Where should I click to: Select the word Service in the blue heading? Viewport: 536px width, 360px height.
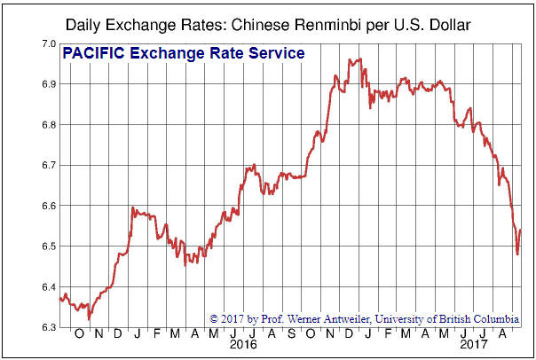[274, 54]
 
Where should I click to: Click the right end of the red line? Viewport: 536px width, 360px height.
[521, 231]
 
